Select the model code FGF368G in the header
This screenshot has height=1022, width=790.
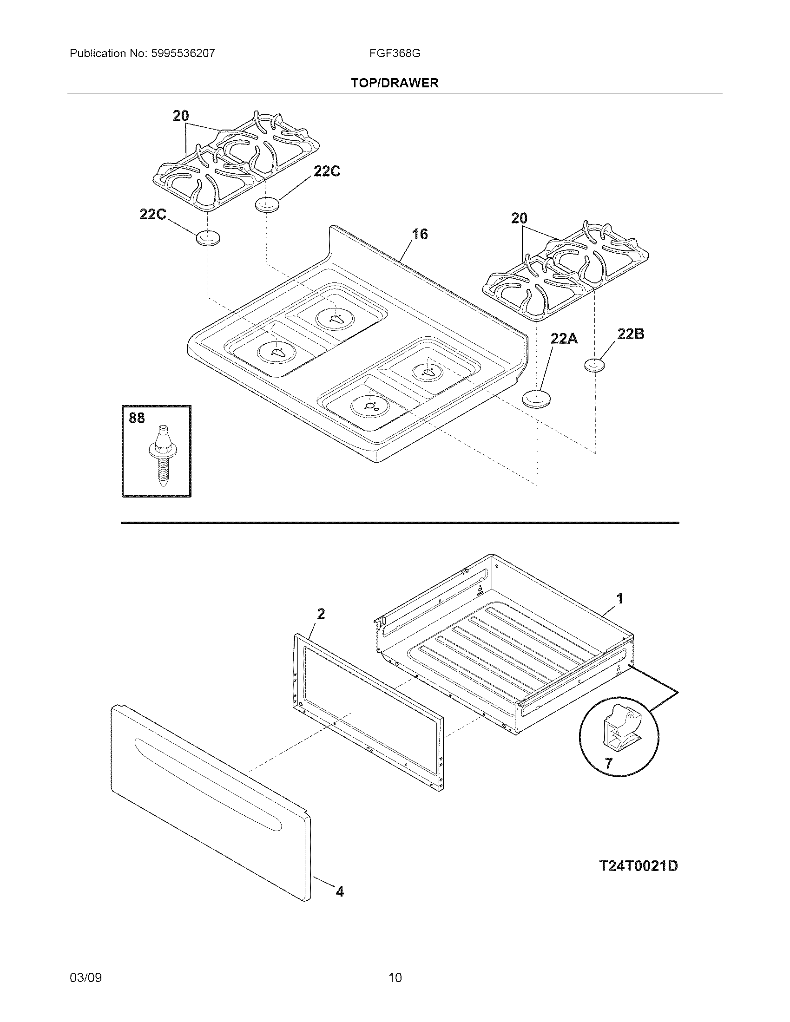tap(395, 53)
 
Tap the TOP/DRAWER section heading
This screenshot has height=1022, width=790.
tap(395, 83)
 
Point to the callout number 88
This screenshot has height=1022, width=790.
tap(137, 418)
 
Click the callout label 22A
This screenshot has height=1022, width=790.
tap(564, 338)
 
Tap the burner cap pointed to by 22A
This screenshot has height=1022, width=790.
tap(536, 398)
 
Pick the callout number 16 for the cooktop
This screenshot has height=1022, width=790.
tap(419, 234)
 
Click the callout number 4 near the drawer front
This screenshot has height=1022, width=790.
tap(340, 892)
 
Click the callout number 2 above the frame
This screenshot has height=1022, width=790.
tap(321, 614)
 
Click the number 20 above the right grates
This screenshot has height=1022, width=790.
tap(519, 218)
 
